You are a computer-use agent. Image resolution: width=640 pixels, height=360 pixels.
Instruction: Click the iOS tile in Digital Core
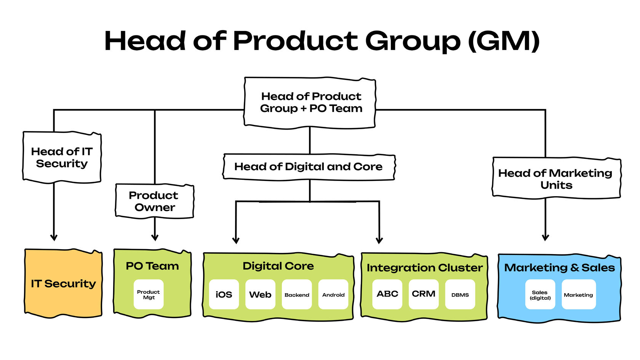(x=224, y=294)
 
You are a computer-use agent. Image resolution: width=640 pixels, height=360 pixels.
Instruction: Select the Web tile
(x=260, y=294)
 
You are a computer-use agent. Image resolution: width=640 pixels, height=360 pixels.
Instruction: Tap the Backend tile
(x=297, y=294)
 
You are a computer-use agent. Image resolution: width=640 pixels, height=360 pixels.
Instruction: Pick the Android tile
(x=333, y=294)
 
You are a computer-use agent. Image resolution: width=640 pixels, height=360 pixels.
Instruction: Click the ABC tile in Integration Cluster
(x=387, y=294)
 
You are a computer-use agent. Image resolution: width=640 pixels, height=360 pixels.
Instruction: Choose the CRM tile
(x=424, y=294)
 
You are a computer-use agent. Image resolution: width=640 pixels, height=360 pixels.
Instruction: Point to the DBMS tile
(x=460, y=294)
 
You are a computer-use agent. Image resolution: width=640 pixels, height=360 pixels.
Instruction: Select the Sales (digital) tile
(x=540, y=294)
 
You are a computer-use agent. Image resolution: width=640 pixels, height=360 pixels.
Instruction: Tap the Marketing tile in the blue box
(x=578, y=294)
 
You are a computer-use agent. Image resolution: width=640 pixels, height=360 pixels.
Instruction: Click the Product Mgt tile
(x=149, y=294)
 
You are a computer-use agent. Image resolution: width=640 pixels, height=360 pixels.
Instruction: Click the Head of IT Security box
(x=62, y=157)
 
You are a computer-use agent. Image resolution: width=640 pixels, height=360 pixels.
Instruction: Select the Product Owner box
(x=154, y=201)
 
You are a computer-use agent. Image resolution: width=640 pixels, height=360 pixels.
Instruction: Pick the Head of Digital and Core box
(x=309, y=167)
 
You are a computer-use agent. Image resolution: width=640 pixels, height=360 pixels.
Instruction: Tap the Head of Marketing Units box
(x=556, y=179)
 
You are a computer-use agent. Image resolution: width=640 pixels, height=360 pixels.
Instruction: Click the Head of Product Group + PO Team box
(x=310, y=102)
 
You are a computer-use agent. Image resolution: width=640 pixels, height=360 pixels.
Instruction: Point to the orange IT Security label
(x=63, y=283)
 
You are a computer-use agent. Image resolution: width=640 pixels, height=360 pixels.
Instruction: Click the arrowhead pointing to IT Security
(x=54, y=238)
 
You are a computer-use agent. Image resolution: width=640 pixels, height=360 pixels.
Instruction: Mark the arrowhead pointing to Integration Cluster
(x=379, y=240)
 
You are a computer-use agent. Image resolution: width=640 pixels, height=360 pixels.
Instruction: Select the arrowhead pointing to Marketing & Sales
(x=546, y=238)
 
